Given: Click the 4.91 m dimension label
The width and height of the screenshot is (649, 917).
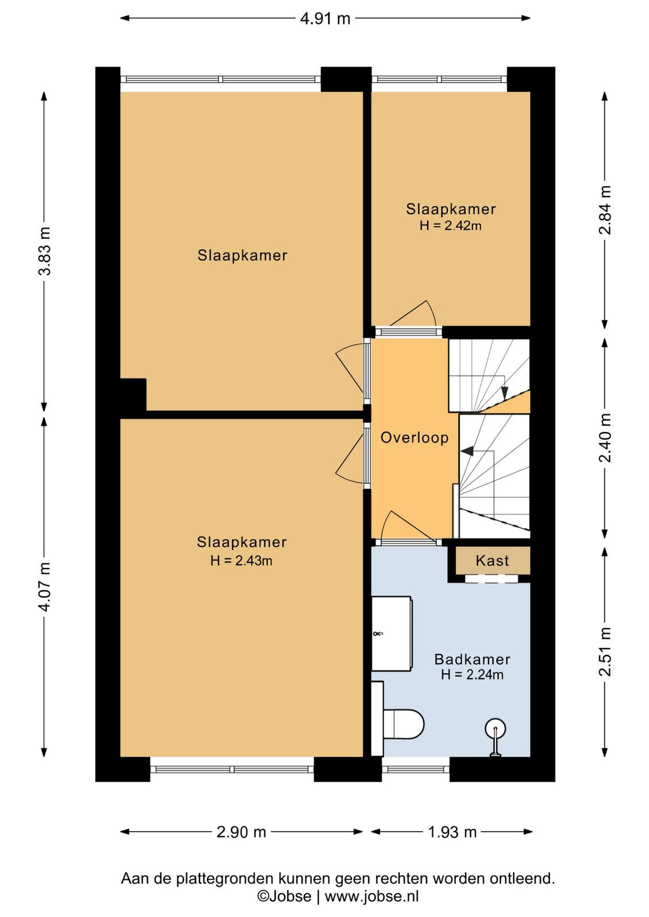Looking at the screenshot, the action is click(x=325, y=19).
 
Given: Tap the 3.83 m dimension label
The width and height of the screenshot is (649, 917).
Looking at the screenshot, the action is click(x=45, y=250).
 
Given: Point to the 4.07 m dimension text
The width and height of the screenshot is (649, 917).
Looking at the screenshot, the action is click(x=45, y=587).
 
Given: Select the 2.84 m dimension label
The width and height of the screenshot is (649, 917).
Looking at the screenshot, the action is click(x=605, y=210).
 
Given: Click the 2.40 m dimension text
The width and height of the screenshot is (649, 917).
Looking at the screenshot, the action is click(x=605, y=438).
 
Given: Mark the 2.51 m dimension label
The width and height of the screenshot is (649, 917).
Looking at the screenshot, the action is click(x=605, y=651).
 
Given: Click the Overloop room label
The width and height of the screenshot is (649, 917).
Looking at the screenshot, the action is click(x=415, y=438).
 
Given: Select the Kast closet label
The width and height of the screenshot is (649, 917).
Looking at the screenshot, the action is click(x=492, y=561).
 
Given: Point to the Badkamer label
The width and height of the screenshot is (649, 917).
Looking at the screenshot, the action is click(x=472, y=659).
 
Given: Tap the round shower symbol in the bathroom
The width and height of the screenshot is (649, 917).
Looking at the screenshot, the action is click(x=495, y=729).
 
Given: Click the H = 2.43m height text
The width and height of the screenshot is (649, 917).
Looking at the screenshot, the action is click(x=241, y=561).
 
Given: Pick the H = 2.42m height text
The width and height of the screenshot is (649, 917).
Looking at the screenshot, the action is click(x=451, y=226).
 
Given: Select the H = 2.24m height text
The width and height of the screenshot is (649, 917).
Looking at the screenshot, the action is click(x=472, y=674).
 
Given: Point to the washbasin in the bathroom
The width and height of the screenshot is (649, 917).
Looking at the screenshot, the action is click(x=392, y=634).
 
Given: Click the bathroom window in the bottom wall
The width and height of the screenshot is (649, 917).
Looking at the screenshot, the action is click(x=416, y=769).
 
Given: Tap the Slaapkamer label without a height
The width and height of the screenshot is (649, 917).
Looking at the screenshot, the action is click(x=243, y=256).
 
